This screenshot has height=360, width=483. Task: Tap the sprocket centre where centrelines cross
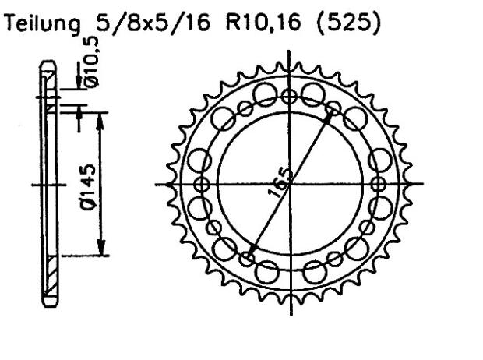coord(290,184)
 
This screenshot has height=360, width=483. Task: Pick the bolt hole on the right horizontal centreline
coord(379,184)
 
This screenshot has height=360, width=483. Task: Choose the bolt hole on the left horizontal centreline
coord(202,184)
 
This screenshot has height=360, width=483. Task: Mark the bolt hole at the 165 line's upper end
coord(333,109)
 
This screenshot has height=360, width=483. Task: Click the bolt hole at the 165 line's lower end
coord(247,259)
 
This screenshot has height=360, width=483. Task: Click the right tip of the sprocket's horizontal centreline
coord(425,184)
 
